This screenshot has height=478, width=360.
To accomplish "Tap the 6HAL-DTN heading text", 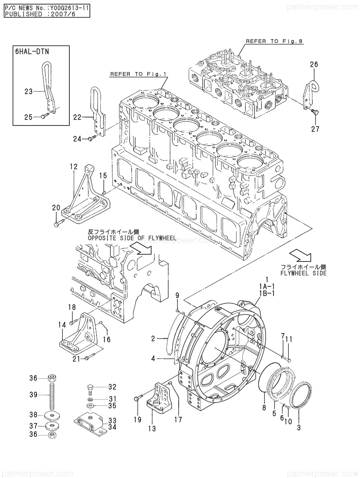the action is (32, 52).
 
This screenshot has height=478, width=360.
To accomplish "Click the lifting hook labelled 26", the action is (310, 94).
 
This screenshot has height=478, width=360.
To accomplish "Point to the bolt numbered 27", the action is (315, 112).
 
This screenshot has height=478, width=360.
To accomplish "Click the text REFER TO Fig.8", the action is (274, 41).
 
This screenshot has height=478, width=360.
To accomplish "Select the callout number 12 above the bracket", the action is (74, 167).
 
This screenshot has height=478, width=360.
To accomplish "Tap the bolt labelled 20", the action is (58, 223).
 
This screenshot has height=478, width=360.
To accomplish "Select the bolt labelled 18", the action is (73, 322).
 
